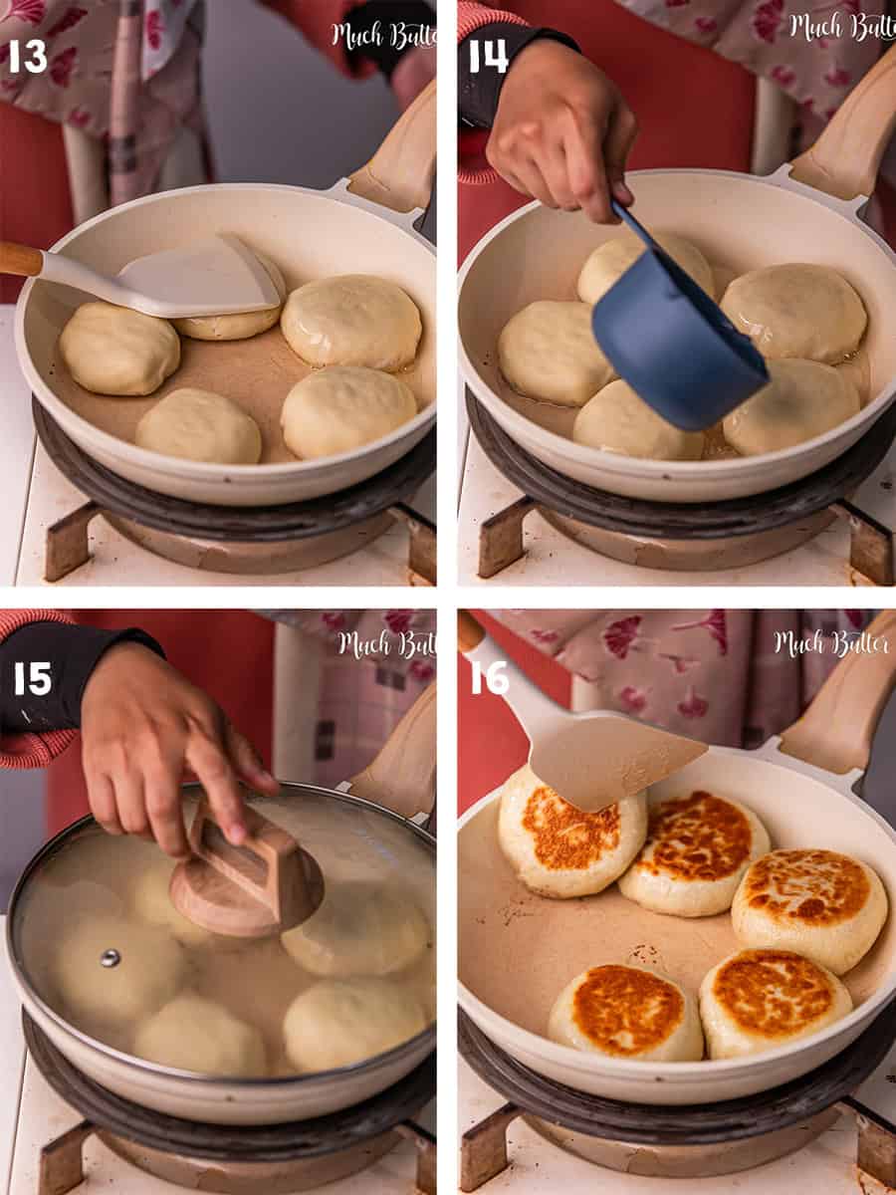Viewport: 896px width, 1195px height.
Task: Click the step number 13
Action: tap(27, 57)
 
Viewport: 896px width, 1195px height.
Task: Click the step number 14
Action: tap(488, 57)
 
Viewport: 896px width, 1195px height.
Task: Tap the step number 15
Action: tap(32, 679)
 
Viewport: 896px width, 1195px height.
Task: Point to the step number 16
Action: tap(490, 678)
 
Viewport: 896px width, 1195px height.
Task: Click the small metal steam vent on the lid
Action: tap(110, 958)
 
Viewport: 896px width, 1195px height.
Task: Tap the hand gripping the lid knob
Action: tap(159, 747)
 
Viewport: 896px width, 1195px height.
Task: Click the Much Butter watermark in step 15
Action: tap(384, 645)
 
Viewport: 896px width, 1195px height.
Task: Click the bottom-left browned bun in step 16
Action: tap(625, 1011)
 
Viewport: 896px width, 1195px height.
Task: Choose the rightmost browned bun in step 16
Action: tap(808, 906)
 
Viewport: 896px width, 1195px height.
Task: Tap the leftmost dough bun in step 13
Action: tap(118, 349)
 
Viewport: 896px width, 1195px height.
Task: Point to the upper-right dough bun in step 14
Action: tap(793, 312)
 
